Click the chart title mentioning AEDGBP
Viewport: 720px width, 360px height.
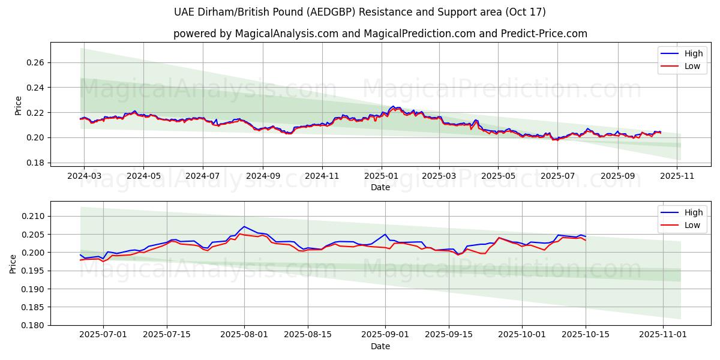tap(359, 12)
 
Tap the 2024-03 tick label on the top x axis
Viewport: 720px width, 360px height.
tap(84, 176)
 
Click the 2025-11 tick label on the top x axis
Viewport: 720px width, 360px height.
tap(676, 176)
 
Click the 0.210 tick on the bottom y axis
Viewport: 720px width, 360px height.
tap(33, 217)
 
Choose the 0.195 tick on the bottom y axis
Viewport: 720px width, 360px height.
tap(33, 271)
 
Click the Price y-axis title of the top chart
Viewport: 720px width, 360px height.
tap(18, 106)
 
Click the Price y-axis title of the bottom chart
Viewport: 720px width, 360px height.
tap(13, 263)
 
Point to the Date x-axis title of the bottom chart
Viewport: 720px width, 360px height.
tap(380, 346)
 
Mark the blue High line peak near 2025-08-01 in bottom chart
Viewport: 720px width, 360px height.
tap(244, 226)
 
